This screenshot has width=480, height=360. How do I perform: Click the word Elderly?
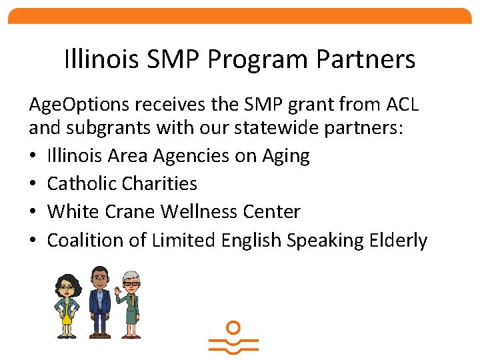[x=397, y=240]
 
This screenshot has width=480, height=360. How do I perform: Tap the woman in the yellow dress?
[x=67, y=303]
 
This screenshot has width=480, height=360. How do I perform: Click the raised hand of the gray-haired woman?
[x=115, y=274]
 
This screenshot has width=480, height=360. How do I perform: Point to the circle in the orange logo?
[x=233, y=327]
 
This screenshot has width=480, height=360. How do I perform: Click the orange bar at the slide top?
[x=240, y=16]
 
